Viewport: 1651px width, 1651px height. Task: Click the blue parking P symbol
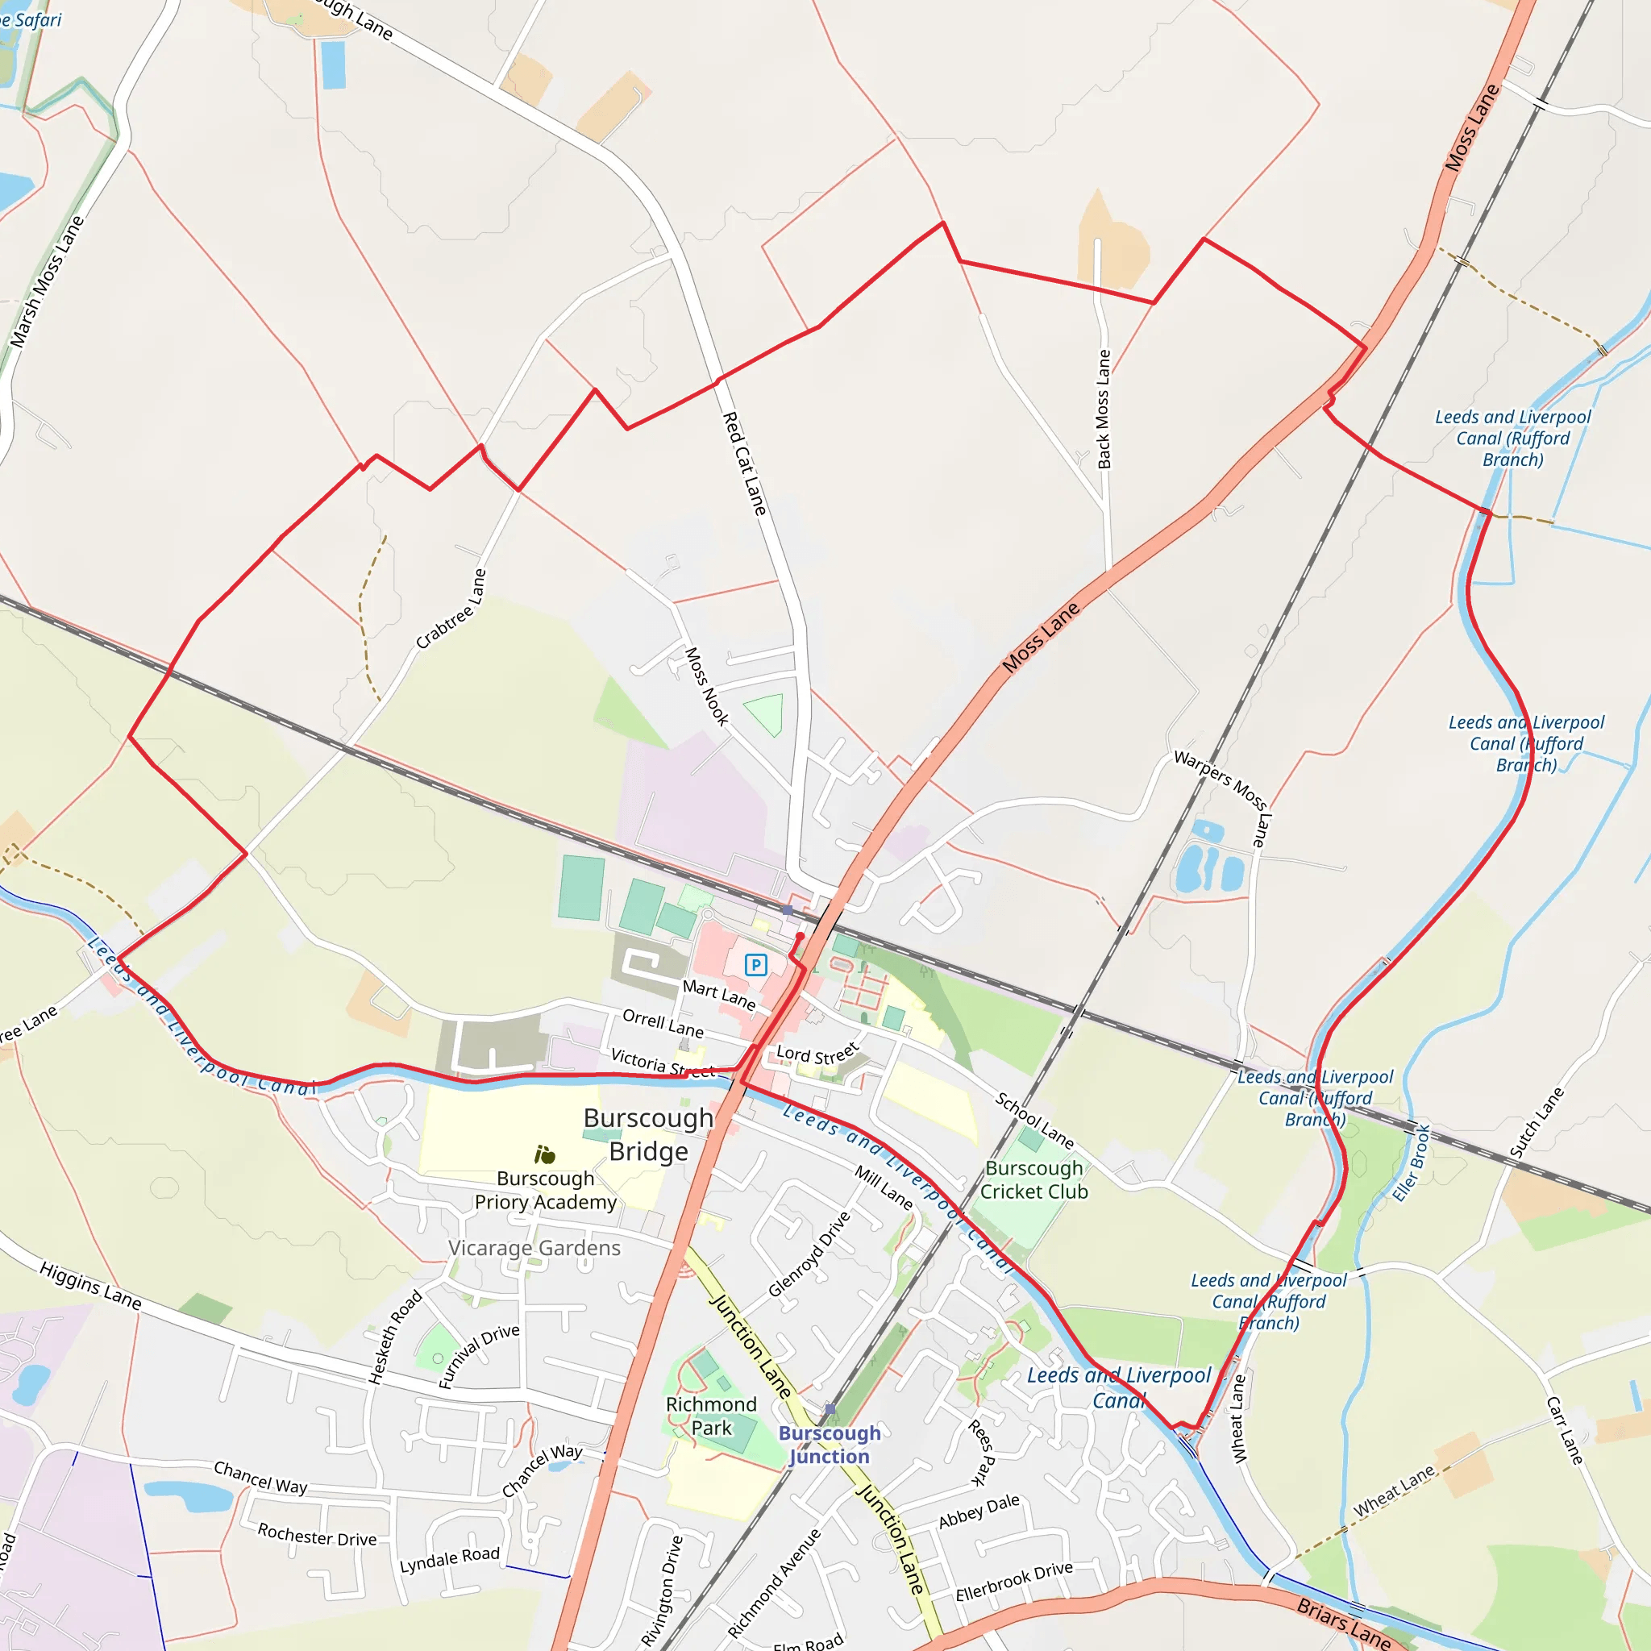tap(755, 965)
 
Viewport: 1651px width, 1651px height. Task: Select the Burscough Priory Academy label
tap(545, 1190)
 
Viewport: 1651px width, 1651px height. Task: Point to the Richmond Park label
tap(711, 1416)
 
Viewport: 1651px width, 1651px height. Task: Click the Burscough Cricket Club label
tap(1034, 1179)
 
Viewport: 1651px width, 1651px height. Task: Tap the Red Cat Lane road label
tap(744, 464)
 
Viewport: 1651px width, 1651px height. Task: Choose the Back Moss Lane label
tap(1104, 409)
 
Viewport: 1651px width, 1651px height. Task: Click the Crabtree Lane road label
tap(451, 609)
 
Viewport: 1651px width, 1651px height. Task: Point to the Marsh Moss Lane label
tap(47, 281)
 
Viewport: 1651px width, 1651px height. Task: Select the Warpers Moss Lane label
tap(1223, 798)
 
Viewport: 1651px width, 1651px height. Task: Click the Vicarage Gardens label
tap(534, 1248)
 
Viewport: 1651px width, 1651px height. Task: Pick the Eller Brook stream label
tap(1411, 1163)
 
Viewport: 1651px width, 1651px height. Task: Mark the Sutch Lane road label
tap(1536, 1123)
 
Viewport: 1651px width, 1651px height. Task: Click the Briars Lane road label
tap(1343, 1622)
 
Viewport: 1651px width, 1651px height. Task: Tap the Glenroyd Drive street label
tap(809, 1254)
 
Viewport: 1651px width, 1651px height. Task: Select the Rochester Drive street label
tap(317, 1535)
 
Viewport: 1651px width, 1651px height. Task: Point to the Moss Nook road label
tap(707, 686)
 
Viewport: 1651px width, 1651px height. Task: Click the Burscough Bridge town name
tap(648, 1134)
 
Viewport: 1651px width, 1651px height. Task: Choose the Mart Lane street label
tap(718, 994)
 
